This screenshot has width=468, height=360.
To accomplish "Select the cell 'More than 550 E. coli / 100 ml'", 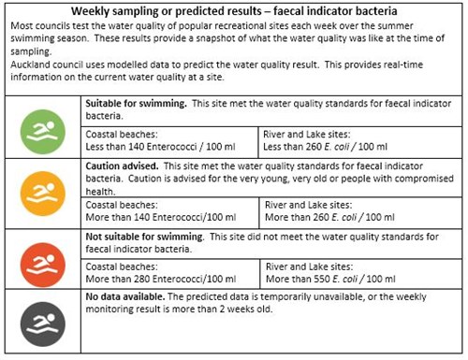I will pos(345,281).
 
